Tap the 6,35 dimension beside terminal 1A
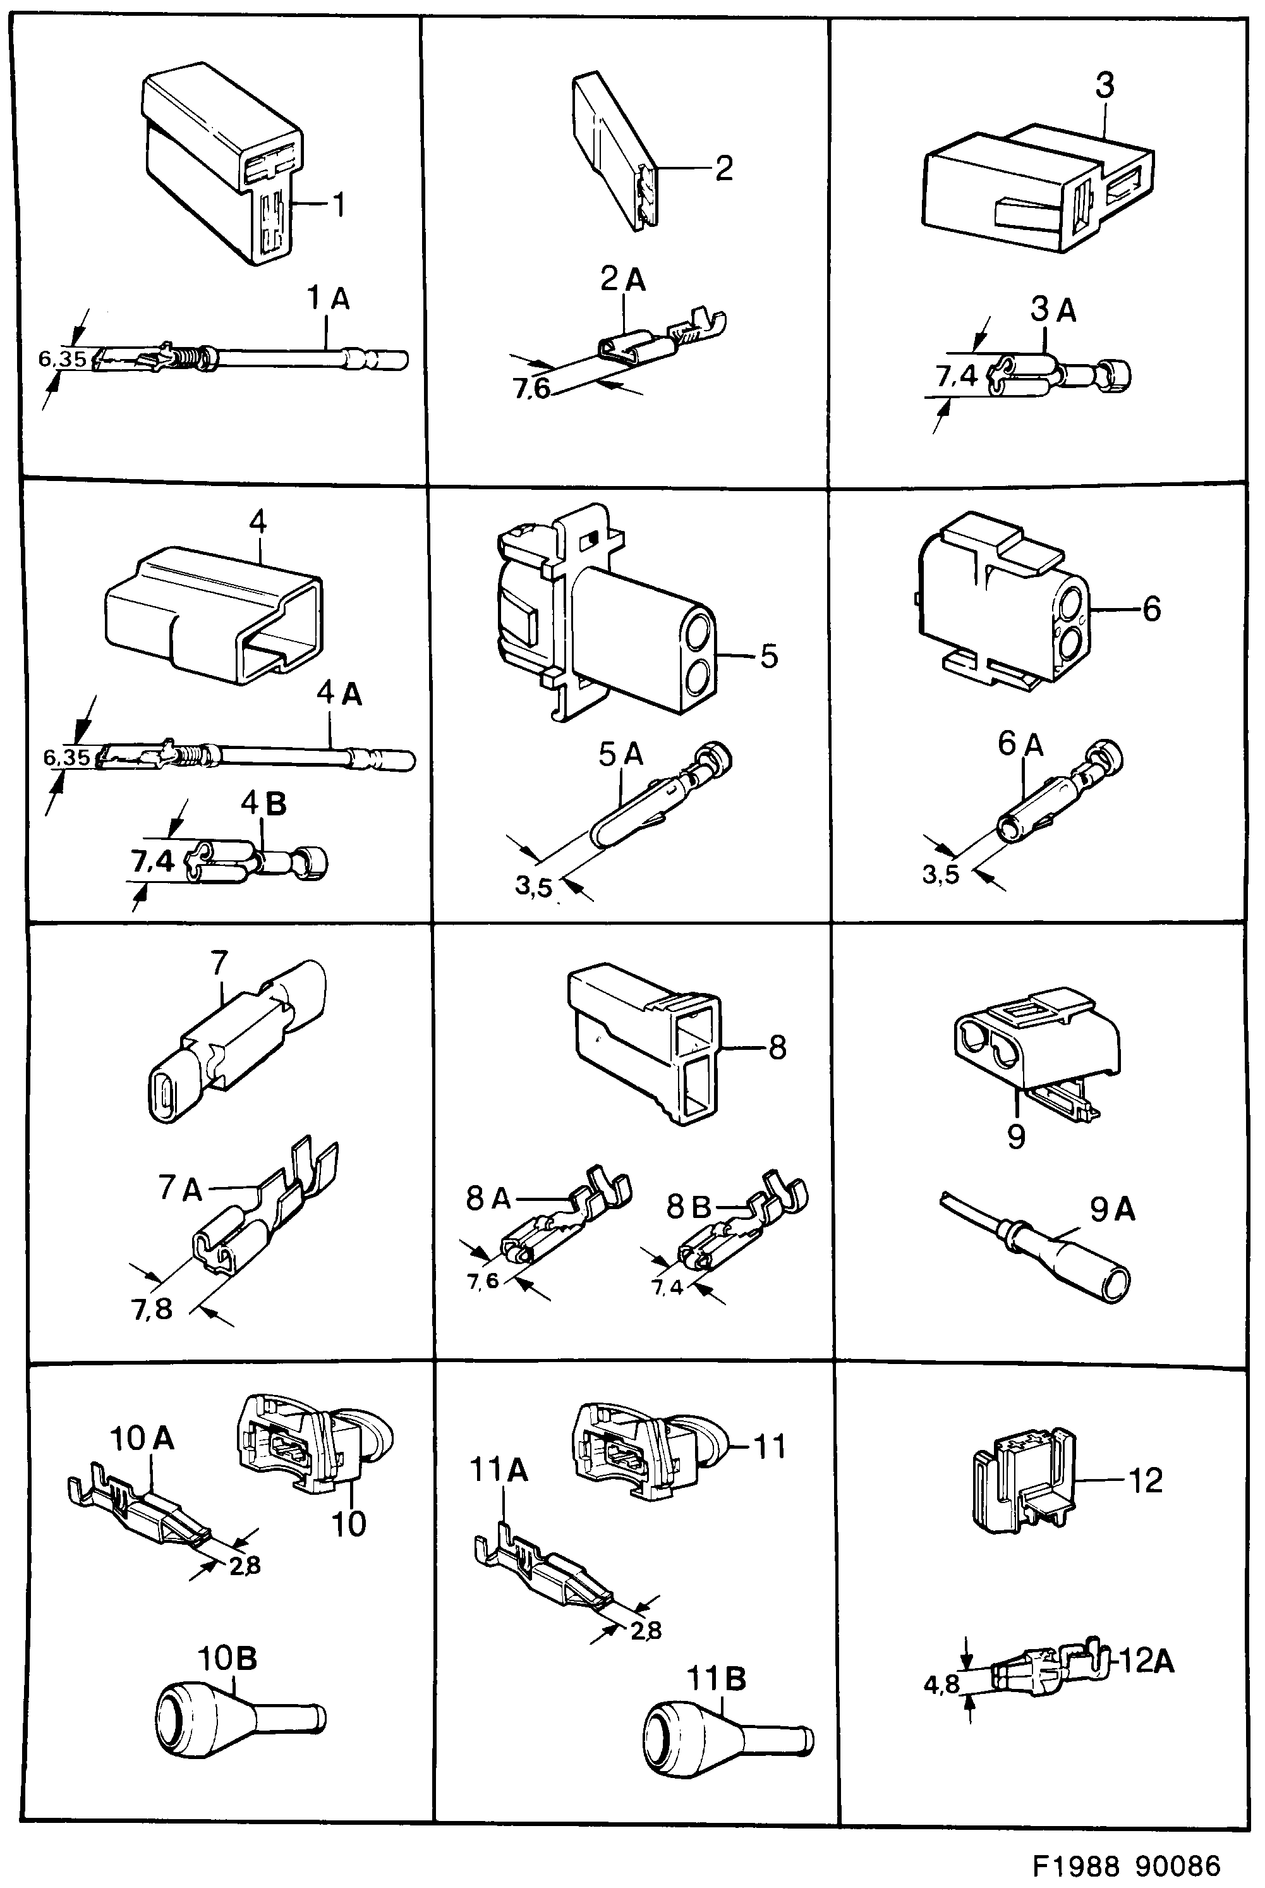tap(62, 358)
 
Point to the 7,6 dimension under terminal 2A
tap(531, 389)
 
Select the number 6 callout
tap(1151, 608)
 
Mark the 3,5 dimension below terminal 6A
tap(941, 874)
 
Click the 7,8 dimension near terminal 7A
tap(152, 1308)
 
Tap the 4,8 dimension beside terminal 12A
tap(941, 1684)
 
